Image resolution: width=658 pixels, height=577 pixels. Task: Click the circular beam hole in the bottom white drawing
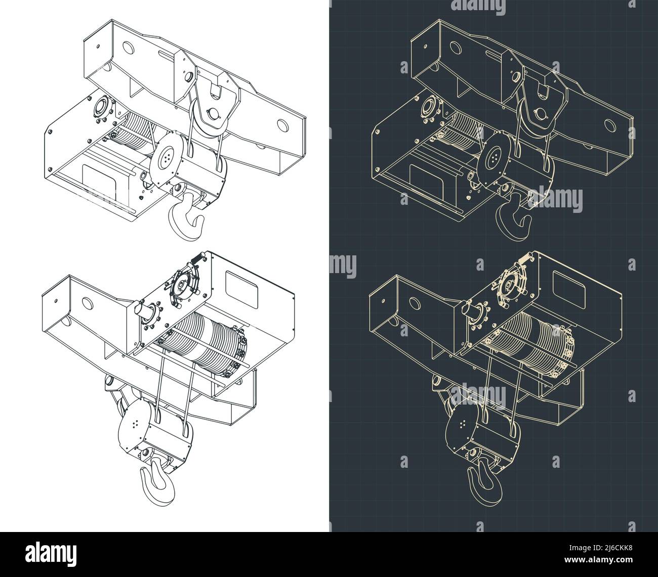coord(87,304)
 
